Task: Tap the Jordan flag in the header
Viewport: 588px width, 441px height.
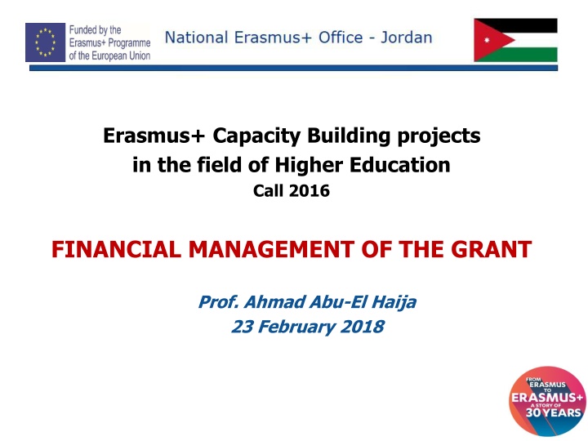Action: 515,40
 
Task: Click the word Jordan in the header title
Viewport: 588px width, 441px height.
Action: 405,38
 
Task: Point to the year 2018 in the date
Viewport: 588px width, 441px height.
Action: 361,327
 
